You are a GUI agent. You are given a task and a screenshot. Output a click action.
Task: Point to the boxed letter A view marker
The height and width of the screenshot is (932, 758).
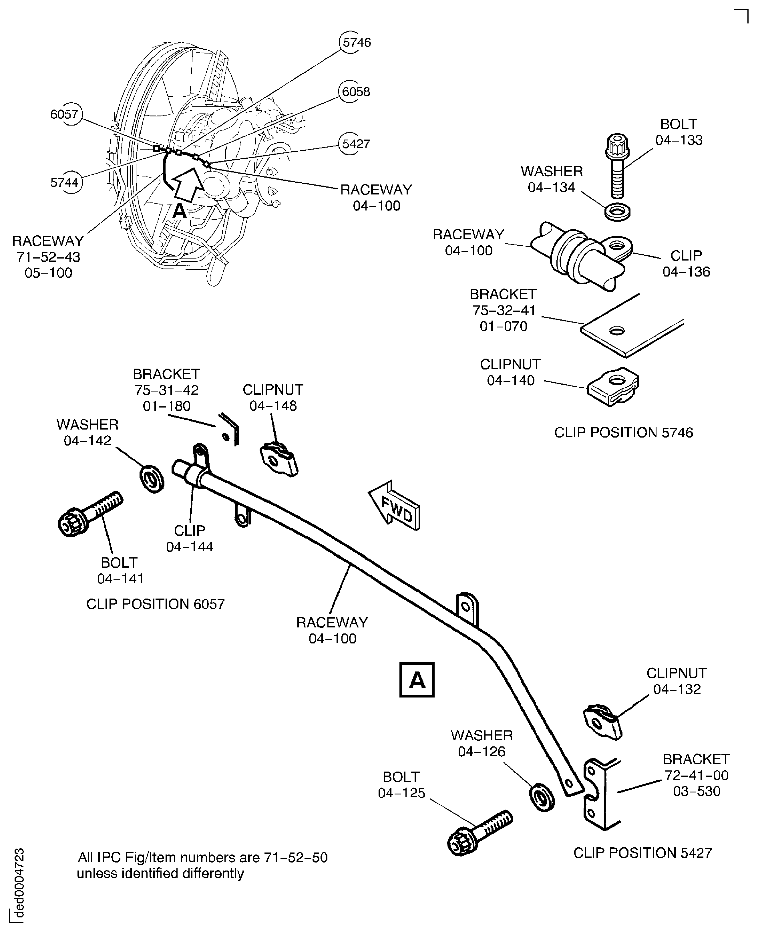click(x=417, y=680)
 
